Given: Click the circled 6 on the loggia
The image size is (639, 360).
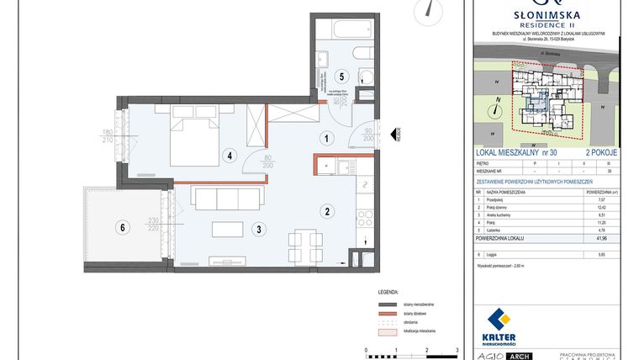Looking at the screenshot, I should click(x=124, y=226).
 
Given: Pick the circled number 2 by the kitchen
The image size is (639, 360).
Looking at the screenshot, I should click(x=327, y=211).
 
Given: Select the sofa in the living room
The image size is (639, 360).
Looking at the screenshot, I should click(x=217, y=199).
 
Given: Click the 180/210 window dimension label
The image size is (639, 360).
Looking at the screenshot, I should click(x=107, y=135).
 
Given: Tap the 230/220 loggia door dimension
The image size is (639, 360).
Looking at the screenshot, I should click(x=154, y=225).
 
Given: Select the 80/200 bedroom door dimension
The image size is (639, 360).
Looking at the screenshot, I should click(x=268, y=161).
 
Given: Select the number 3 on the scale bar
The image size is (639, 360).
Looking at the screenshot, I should click(x=457, y=347).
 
